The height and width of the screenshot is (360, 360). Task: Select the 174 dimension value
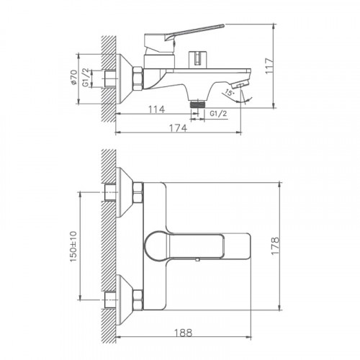click(x=178, y=127)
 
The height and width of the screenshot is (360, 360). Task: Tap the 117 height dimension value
click(x=288, y=63)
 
